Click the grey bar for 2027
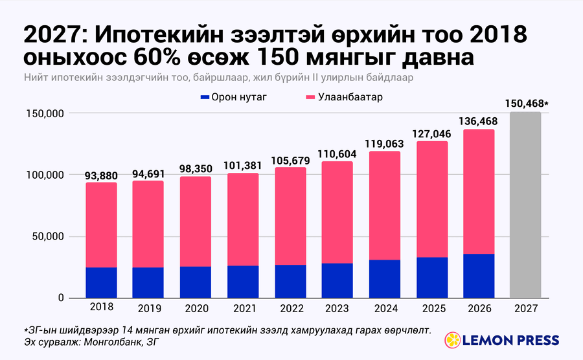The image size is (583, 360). (525, 205)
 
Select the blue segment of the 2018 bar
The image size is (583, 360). (101, 283)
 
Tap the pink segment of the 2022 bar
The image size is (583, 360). (291, 216)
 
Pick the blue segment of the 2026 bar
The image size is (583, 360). (479, 276)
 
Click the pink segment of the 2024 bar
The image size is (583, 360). (385, 206)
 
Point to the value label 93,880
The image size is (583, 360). (101, 175)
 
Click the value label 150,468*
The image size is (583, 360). (527, 104)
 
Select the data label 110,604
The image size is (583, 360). (337, 154)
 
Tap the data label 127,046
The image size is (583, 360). (431, 134)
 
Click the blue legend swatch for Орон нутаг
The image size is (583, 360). (205, 97)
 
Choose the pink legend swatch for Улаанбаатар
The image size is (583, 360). (310, 97)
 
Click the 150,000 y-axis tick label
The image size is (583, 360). (45, 113)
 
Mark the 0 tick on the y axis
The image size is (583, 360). (61, 298)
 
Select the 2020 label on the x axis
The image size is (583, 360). (197, 308)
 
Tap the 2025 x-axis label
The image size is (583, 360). (433, 308)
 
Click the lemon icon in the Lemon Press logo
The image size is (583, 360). (453, 341)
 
